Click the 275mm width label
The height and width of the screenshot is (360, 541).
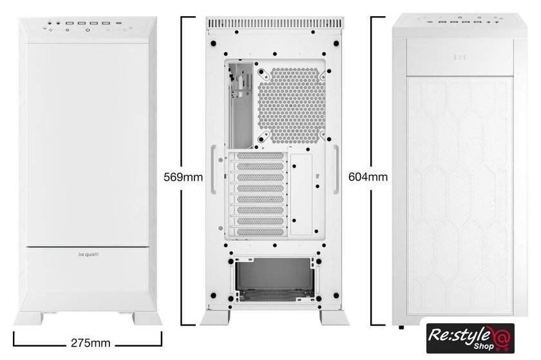pyautogui.click(x=90, y=343)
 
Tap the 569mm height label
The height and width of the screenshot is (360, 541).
pyautogui.click(x=183, y=177)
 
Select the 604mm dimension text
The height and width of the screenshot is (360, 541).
pyautogui.click(x=368, y=176)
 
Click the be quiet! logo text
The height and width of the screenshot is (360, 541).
pyautogui.click(x=88, y=254)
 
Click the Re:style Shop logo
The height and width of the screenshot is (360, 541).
pyautogui.click(x=470, y=338)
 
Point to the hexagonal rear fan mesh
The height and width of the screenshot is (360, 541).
pyautogui.click(x=292, y=105)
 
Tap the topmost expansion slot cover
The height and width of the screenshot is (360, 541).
pyautogui.click(x=260, y=156)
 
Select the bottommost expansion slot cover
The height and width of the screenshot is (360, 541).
pyautogui.click(x=260, y=232)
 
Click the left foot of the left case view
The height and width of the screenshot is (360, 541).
pyautogui.click(x=28, y=318)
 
